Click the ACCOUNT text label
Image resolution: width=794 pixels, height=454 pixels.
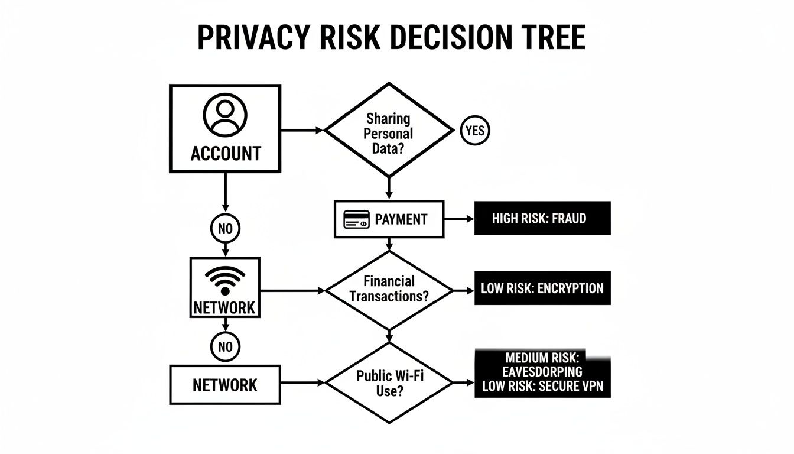point(225,154)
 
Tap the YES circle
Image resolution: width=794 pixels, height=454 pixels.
point(474,131)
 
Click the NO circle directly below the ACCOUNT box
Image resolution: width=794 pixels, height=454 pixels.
point(225,228)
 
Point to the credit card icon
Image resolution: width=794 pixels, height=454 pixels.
point(356,219)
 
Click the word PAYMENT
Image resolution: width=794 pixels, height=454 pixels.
point(401,219)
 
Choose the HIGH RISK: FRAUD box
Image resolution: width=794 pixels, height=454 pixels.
point(542,219)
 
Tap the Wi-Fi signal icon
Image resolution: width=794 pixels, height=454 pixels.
point(224,280)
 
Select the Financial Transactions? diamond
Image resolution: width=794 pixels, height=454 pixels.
point(389,289)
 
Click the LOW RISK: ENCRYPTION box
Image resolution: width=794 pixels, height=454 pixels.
point(542,288)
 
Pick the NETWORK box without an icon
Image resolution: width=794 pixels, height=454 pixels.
point(225,385)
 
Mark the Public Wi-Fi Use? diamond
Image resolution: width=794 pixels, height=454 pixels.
point(389,382)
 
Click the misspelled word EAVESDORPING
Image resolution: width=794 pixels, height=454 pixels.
point(542,372)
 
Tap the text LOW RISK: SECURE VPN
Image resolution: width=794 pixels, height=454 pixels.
point(543,387)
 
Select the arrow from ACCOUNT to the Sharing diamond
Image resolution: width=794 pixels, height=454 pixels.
point(302,130)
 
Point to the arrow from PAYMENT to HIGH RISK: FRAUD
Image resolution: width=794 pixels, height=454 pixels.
point(459,219)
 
